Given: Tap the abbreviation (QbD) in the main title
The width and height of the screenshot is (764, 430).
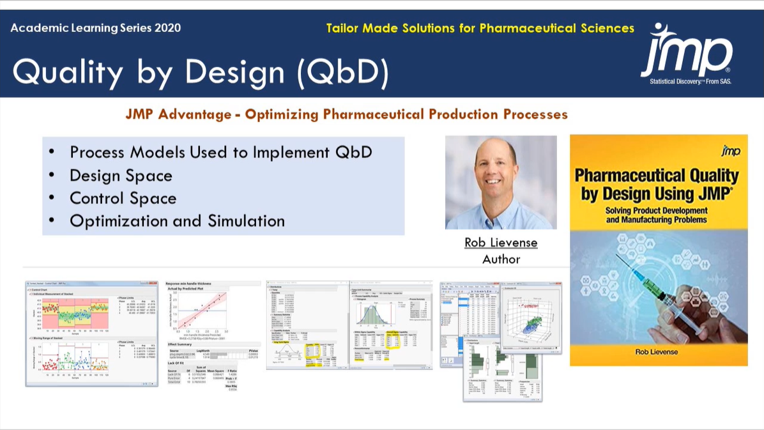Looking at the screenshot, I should click(x=342, y=72).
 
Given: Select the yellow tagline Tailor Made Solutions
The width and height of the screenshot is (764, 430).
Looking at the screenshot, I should click(x=480, y=28).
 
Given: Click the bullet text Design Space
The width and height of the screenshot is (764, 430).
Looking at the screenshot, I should click(x=121, y=176).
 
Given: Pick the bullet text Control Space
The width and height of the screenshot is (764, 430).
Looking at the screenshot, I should click(x=123, y=198).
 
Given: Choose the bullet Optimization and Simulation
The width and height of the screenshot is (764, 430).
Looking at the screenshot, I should click(x=177, y=221).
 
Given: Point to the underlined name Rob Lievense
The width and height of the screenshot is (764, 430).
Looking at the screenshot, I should click(x=500, y=243).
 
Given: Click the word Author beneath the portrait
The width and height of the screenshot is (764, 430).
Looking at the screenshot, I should click(x=501, y=259).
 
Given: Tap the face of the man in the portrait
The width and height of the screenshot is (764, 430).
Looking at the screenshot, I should click(x=496, y=172).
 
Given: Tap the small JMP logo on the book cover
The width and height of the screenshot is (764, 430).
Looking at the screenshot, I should click(x=730, y=151).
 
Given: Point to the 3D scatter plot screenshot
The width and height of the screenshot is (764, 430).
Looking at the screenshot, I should click(x=530, y=317).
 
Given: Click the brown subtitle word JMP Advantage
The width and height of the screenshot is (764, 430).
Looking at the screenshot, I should click(x=178, y=115).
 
